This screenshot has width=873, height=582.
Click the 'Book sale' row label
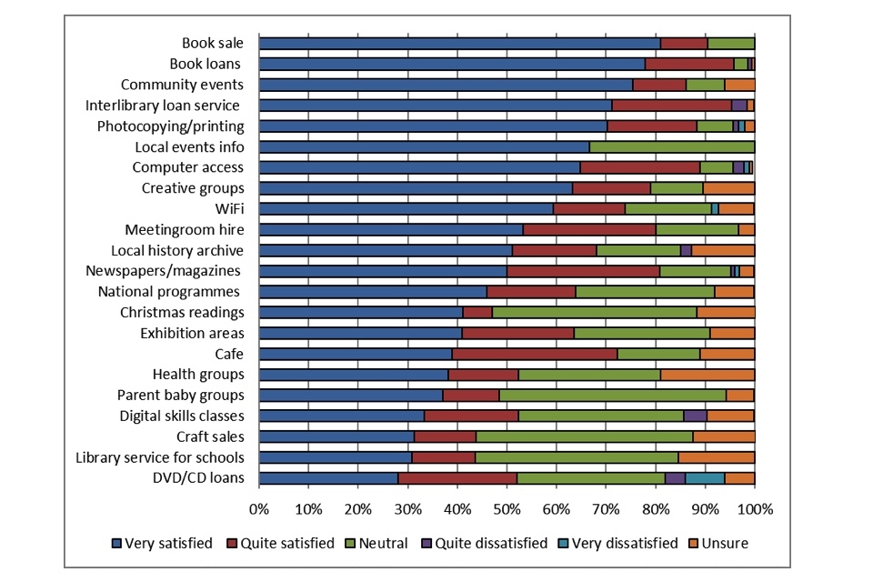[211, 43]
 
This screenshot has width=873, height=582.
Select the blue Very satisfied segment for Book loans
[451, 64]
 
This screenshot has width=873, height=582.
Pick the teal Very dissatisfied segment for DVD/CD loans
[705, 478]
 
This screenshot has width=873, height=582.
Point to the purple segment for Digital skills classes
[695, 416]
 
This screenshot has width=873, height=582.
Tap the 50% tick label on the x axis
[507, 508]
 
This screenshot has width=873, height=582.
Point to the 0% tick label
[259, 508]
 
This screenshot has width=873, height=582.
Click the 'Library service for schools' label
[160, 457]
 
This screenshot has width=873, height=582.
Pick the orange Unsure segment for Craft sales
[724, 436]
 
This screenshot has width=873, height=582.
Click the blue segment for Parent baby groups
[351, 396]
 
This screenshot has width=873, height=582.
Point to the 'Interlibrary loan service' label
[163, 105]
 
